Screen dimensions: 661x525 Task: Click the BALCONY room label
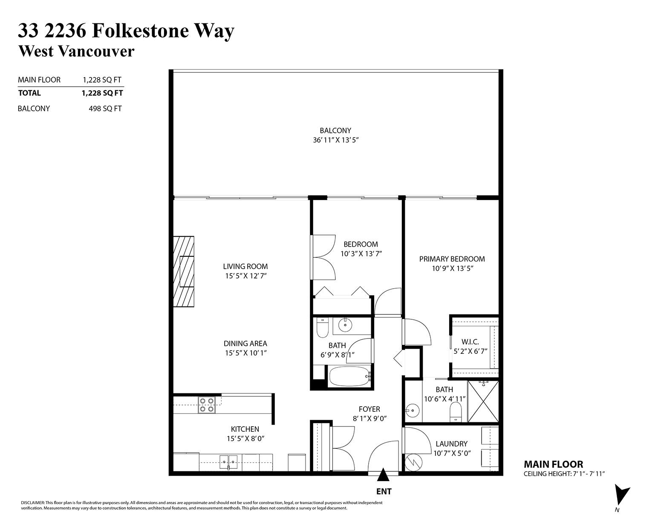point(335,130)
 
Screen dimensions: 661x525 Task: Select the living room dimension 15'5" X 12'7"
point(246,276)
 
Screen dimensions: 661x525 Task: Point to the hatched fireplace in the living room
point(184,271)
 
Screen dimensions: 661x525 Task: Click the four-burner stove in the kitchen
point(206,405)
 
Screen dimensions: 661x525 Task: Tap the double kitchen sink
point(228,462)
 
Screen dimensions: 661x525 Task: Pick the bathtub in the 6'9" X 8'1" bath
point(350,376)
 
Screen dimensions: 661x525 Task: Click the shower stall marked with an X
point(483,401)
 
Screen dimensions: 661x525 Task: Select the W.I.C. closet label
point(470,342)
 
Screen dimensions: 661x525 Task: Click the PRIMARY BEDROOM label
point(452,259)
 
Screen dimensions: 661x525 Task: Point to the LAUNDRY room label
point(451,444)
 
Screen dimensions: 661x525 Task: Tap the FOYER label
point(369,409)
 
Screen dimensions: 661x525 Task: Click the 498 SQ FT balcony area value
point(105,109)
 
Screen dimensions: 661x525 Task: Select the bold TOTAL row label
point(29,93)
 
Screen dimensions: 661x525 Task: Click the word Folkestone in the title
point(140,31)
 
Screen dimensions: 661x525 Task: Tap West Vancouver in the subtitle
point(76,51)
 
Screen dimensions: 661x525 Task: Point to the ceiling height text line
point(564,474)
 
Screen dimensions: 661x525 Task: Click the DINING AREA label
point(245,343)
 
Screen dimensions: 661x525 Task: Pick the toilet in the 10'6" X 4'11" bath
point(456,412)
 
